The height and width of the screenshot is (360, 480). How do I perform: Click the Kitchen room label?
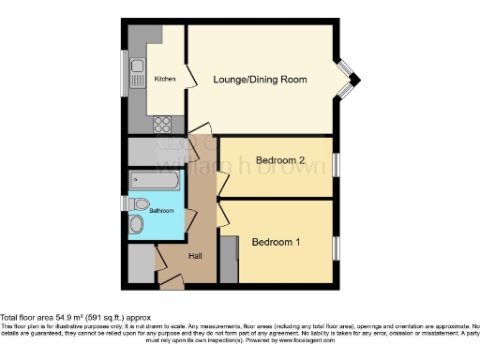point(164,80)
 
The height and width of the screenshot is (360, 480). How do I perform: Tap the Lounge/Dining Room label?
point(259,80)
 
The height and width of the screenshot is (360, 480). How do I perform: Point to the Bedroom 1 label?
point(276,243)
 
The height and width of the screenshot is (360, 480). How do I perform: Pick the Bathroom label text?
point(161,211)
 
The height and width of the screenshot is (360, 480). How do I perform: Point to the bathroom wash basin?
point(138,224)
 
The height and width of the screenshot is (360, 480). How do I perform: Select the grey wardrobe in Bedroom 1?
point(228,253)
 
